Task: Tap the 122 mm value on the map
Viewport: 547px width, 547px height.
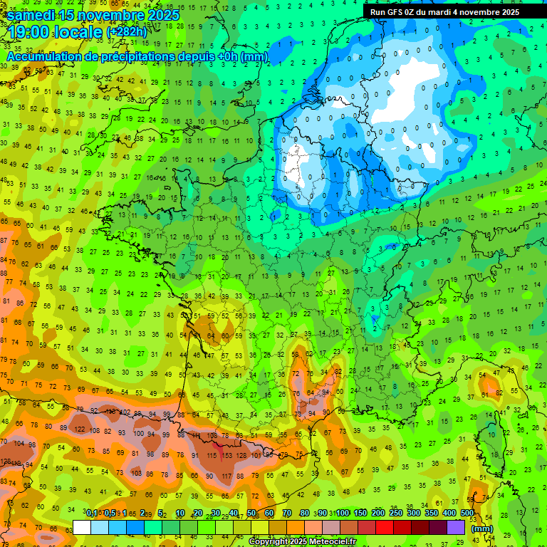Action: (80, 429)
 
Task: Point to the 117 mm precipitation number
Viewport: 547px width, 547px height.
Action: (226, 476)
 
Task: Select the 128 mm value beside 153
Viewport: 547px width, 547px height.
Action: (244, 455)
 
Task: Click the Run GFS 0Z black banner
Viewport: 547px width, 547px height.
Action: (444, 11)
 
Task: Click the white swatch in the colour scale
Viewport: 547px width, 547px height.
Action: (82, 527)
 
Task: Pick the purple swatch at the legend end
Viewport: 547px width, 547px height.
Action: (456, 527)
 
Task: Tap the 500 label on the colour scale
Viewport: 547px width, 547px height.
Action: (467, 514)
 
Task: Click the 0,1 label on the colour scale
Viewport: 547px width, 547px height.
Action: (92, 514)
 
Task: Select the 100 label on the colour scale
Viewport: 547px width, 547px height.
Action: (342, 514)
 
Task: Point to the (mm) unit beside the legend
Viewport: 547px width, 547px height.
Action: (482, 528)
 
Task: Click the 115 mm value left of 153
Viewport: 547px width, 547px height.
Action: (212, 455)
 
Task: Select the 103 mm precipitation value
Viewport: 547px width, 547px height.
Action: (137, 474)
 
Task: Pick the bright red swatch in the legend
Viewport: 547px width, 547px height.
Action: (385, 527)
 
